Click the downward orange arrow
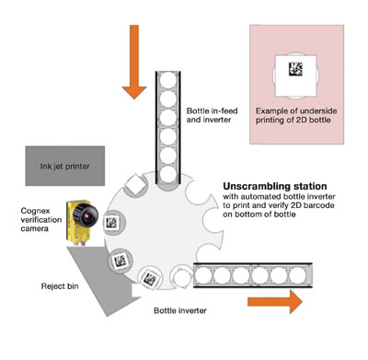[134, 62]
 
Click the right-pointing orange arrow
[275, 302]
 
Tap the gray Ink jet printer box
[65, 166]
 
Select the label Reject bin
[60, 286]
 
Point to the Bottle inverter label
[180, 310]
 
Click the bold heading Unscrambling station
[275, 186]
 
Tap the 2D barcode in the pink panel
[296, 69]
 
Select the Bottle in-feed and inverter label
[212, 115]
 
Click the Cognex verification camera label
[41, 220]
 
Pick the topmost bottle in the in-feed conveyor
[168, 80]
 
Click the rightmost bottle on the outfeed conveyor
[297, 275]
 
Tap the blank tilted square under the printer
[134, 184]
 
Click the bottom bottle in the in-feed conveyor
[168, 174]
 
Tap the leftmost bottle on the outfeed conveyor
[202, 275]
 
